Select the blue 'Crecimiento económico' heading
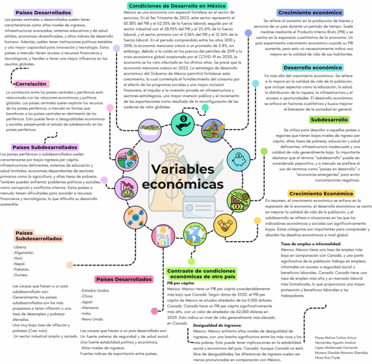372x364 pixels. click(310, 12)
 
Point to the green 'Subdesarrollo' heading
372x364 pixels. click(329, 120)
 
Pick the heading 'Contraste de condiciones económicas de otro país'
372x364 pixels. click(201, 273)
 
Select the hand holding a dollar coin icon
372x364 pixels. click(184, 120)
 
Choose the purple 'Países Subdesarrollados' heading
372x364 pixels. click(46, 147)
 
